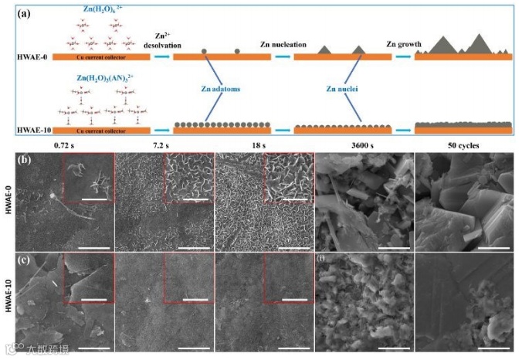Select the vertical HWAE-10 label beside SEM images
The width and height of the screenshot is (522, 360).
[x=8, y=304]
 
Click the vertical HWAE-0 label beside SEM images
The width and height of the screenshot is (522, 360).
[x=8, y=202]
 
